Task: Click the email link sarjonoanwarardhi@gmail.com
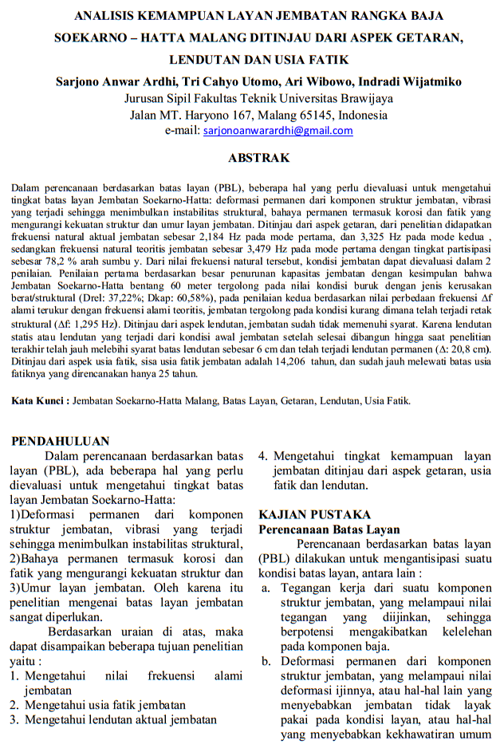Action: coord(266,130)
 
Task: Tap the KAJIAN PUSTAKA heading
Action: coord(315,514)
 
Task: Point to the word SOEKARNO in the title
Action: coord(86,37)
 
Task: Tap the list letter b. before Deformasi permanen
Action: coord(266,662)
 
